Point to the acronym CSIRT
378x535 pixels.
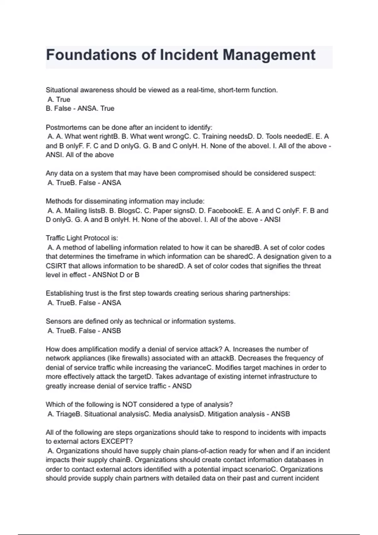point(56,266)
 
